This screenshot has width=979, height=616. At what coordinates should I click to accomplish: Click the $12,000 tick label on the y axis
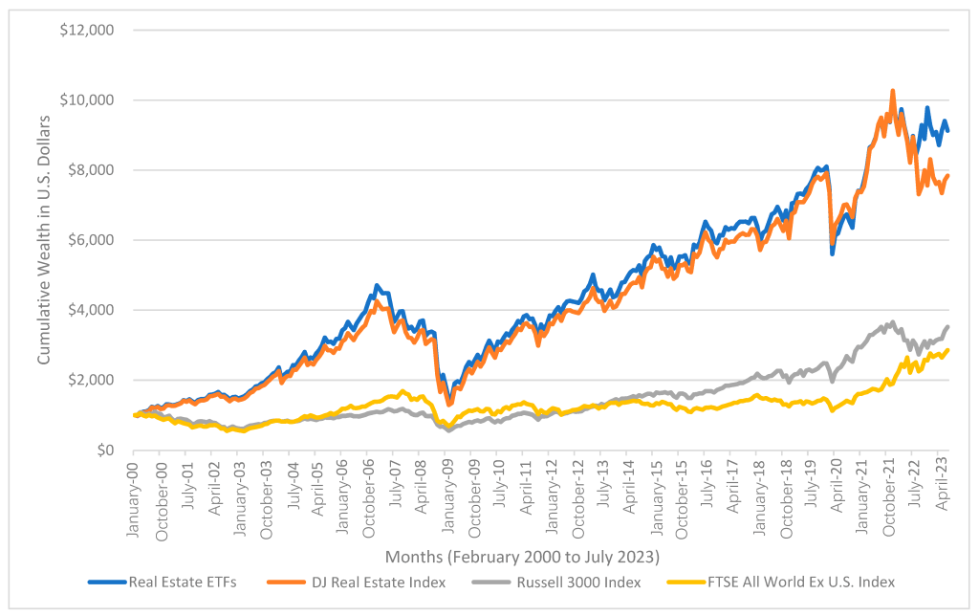[87, 31]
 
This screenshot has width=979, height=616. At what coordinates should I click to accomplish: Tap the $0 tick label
[102, 450]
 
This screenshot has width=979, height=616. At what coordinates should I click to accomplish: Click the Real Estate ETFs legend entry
[163, 582]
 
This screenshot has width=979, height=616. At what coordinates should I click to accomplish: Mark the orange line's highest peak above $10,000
[892, 91]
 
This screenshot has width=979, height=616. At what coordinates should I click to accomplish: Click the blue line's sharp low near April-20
[833, 253]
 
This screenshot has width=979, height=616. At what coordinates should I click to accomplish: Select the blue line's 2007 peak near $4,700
[377, 285]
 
